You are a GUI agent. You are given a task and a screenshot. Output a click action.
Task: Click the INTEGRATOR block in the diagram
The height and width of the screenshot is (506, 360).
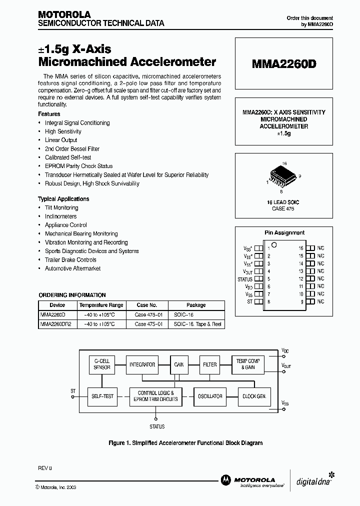142,365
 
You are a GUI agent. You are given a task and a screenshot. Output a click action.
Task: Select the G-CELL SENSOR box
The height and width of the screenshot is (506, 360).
102,364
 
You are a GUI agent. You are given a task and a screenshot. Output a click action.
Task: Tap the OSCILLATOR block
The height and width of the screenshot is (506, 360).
210,396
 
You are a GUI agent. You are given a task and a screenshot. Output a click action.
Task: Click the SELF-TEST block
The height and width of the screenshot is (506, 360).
102,396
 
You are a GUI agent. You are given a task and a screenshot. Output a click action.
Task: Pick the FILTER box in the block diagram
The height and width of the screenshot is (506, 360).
210,365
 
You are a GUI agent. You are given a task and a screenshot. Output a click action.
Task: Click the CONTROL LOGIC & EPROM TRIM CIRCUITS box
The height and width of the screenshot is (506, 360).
155,396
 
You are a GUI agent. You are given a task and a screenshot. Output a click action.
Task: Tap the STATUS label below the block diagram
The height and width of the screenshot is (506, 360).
157,426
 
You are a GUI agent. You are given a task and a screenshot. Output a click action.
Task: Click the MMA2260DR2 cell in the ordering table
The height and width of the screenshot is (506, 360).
56,324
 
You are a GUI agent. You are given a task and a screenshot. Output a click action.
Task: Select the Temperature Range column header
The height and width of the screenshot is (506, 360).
101,305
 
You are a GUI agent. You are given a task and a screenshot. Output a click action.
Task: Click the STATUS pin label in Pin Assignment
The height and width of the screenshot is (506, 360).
245,279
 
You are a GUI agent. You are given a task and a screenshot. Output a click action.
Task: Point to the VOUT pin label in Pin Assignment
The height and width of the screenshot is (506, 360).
247,271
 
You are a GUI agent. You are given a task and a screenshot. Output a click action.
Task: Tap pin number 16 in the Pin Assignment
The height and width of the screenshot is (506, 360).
301,248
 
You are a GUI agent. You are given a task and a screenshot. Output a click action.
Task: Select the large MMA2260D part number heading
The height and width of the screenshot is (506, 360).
283,64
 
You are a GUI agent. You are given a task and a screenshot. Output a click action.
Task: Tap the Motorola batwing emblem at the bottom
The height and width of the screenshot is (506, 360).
225,479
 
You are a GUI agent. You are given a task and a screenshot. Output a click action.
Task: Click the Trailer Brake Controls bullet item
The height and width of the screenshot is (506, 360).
70,260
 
